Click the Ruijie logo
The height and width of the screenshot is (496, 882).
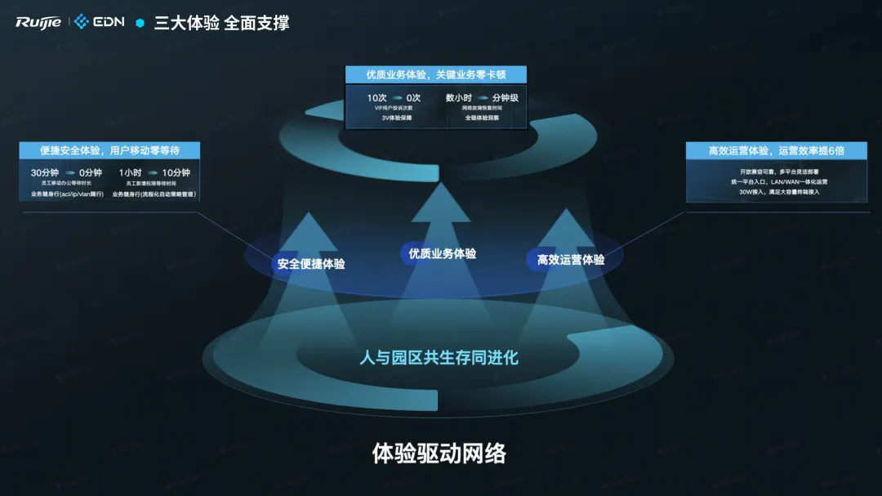38,22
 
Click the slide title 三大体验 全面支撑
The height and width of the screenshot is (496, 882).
221,23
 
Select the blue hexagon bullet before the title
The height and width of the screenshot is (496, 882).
140,23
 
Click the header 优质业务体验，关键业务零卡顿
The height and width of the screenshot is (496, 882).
435,74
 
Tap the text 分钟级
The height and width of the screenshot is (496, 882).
505,98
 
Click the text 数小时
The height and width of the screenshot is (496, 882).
459,98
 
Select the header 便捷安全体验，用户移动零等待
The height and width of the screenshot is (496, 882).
109,150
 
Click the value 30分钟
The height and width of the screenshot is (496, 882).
44,173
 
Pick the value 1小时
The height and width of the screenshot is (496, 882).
131,173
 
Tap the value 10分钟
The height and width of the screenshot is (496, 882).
176,173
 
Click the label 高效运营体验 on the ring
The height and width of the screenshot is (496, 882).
571,260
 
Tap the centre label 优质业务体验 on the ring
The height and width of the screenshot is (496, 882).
443,253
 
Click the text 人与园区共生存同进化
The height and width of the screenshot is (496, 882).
439,358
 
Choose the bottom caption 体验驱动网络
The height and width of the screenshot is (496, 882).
439,453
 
